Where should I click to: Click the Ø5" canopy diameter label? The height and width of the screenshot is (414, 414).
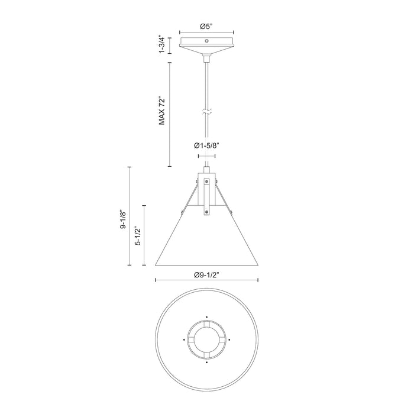[x=206, y=26]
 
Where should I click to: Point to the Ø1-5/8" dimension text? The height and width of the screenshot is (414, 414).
[x=205, y=145]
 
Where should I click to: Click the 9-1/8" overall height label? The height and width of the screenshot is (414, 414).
[x=123, y=217]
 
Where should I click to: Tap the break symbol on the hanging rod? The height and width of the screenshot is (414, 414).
[x=206, y=111]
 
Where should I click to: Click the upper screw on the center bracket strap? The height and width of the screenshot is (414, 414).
[x=206, y=182]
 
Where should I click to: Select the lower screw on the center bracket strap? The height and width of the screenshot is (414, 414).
[x=206, y=208]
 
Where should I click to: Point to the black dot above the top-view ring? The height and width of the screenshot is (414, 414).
[x=206, y=316]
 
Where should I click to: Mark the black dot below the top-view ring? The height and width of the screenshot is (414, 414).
[x=206, y=363]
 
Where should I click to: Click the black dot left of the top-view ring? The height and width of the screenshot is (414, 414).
[x=184, y=340]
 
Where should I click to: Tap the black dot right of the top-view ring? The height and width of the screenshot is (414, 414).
[x=229, y=340]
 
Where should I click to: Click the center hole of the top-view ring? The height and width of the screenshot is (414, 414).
[x=206, y=340]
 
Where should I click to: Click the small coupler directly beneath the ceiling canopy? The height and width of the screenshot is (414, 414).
[x=206, y=58]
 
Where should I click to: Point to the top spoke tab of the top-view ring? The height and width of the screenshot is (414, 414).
[x=206, y=325]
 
